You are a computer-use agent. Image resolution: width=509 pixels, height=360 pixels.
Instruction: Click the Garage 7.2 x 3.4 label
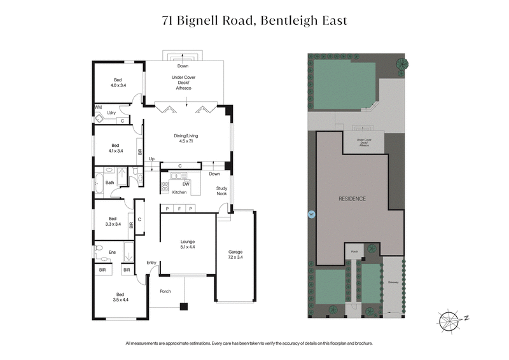[x=235, y=254]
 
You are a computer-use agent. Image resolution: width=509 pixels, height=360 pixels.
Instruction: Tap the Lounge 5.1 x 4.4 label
[x=187, y=244]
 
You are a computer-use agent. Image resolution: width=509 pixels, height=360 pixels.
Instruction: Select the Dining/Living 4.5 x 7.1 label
[x=187, y=138]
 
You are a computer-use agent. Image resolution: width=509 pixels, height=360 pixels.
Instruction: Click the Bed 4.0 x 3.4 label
[x=118, y=82]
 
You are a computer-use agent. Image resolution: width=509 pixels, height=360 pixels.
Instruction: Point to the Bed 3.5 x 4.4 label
[x=120, y=296]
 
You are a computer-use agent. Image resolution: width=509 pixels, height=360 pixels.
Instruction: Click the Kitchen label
[x=179, y=191]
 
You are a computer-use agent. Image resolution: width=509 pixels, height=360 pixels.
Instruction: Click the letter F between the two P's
[x=180, y=209]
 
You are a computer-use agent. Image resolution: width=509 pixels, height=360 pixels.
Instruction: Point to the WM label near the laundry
[x=98, y=107]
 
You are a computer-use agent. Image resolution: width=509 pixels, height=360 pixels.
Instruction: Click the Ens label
[x=112, y=253]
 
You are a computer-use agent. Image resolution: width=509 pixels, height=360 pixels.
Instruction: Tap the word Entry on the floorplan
[x=151, y=262]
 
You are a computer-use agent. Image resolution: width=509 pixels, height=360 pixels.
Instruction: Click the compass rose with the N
[x=449, y=318]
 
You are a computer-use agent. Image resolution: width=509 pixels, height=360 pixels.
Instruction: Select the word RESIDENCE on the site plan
[x=352, y=199]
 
